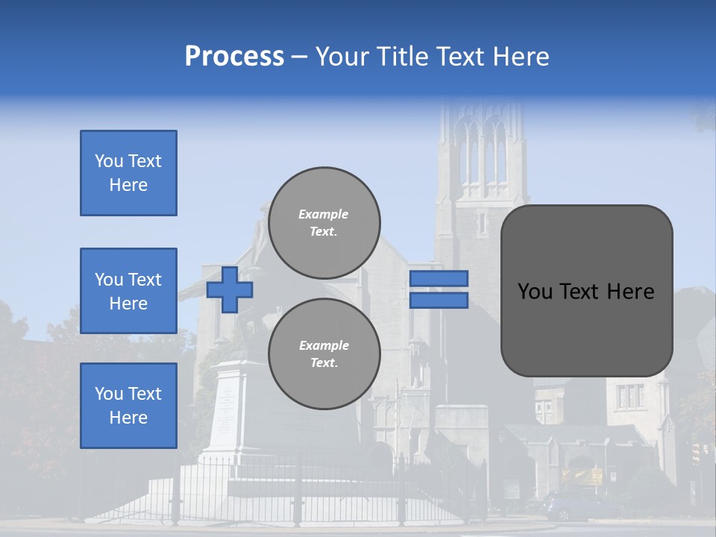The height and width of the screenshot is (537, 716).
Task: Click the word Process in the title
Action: coord(234,57)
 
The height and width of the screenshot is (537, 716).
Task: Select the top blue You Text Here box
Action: coord(128,173)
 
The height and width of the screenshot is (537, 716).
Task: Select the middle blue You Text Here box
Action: coord(128,291)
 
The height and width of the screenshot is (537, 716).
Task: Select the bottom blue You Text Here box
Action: coord(128,406)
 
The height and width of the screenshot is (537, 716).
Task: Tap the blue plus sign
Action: coord(230,289)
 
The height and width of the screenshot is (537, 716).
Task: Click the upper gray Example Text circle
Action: coord(324,222)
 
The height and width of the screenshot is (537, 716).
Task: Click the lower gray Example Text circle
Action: coord(324,354)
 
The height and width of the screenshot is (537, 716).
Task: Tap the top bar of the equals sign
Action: coord(439,278)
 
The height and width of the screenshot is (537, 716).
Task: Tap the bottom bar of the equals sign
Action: coord(439,300)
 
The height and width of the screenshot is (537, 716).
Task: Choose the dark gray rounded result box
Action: coord(586,291)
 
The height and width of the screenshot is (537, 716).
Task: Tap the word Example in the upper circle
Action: coord(324,214)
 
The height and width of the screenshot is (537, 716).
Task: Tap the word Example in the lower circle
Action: coord(324,345)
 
